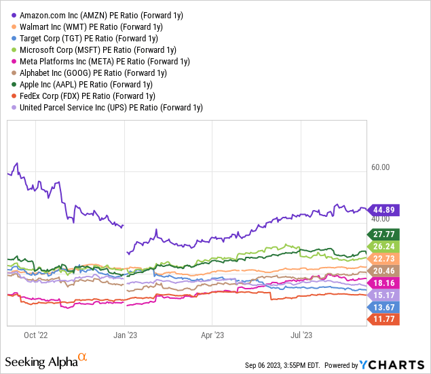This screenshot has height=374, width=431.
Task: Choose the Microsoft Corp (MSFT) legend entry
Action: coord(99,49)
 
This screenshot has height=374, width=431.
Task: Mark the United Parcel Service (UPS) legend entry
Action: coord(111,107)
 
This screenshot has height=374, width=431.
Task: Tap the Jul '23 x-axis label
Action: coord(301,335)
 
